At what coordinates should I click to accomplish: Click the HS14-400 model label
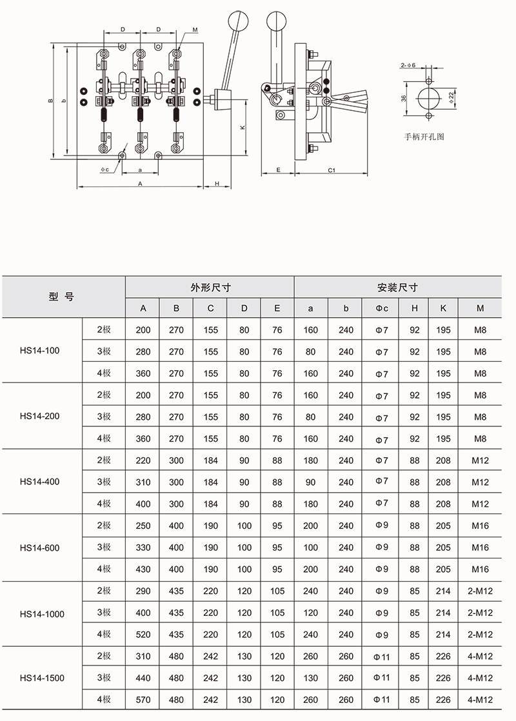pos(39,482)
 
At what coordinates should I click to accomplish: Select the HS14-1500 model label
pos(42,678)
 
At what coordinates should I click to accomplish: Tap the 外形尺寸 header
pos(210,288)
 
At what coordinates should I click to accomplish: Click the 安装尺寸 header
pos(398,288)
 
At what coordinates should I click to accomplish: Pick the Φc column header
pos(382,308)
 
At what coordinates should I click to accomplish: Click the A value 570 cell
pos(143,700)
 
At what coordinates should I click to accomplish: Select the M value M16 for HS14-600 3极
pos(480,548)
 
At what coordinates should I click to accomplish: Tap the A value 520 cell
pos(143,635)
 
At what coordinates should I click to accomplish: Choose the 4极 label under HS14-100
pos(104,373)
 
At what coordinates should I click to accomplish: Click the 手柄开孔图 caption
pos(424,137)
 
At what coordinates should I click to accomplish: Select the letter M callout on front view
pos(195,31)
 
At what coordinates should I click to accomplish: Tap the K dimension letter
pos(242,128)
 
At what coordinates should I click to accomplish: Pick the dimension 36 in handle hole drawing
pos(403,98)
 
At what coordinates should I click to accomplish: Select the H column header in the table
pos(414,308)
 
